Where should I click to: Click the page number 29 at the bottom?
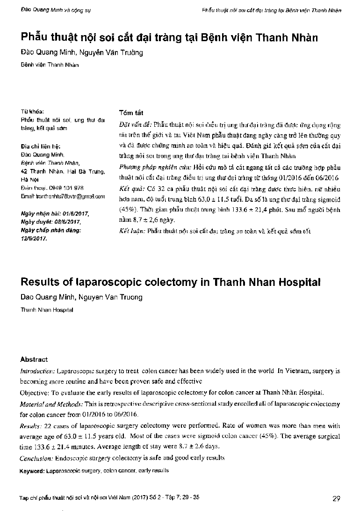[x=336, y=497]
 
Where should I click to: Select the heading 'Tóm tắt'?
[x=131, y=113]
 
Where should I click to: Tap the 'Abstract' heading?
[x=34, y=359]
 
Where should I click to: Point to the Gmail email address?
[x=63, y=196]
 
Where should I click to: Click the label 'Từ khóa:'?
[x=32, y=112]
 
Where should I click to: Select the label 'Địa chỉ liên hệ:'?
[x=41, y=146]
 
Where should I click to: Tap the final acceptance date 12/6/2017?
[x=34, y=237]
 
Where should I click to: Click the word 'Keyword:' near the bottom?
[x=33, y=470]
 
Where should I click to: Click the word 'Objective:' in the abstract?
[x=36, y=392]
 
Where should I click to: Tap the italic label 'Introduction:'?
[x=37, y=371]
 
